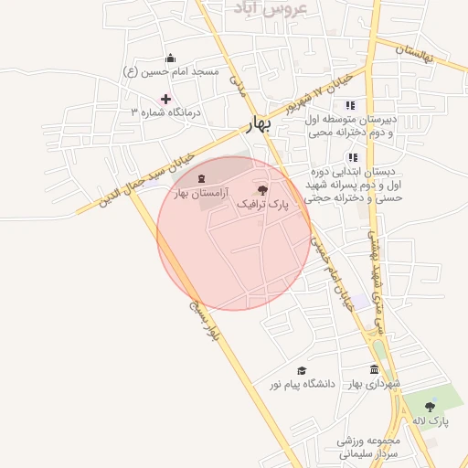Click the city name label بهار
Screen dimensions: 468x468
[x=262, y=126]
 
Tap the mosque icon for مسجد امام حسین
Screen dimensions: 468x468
[x=170, y=58]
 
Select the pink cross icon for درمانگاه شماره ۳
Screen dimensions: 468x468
[x=165, y=99]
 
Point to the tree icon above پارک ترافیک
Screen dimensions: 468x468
[x=263, y=191]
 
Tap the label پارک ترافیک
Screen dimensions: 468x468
[x=262, y=207]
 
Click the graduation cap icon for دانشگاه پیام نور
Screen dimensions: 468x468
[x=302, y=370]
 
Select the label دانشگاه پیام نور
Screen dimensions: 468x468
[x=303, y=384]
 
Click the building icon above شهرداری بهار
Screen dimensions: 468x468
[x=374, y=369]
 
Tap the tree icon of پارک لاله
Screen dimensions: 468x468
[x=430, y=406]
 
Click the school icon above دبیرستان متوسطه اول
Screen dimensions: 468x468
[x=349, y=104]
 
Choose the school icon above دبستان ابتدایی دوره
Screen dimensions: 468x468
[x=352, y=157]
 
